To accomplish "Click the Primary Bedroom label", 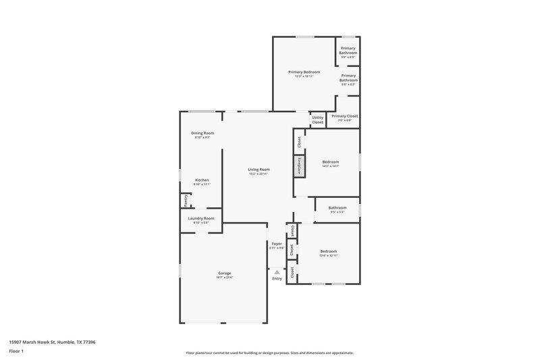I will click(x=304, y=72).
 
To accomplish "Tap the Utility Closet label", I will click(x=317, y=120).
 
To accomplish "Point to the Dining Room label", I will click(x=202, y=133).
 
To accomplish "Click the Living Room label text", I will click(x=259, y=170).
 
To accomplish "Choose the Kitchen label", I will click(x=202, y=180).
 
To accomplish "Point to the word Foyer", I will click(x=277, y=243).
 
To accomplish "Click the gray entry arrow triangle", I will click(x=277, y=272).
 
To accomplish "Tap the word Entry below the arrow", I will click(x=277, y=278).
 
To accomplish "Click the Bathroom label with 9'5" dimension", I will click(x=337, y=207).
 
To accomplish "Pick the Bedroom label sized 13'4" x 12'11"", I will click(x=329, y=251).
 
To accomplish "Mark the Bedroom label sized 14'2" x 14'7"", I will click(x=331, y=161).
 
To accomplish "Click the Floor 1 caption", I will click(x=17, y=351).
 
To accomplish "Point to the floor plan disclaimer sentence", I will click(x=270, y=353).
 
